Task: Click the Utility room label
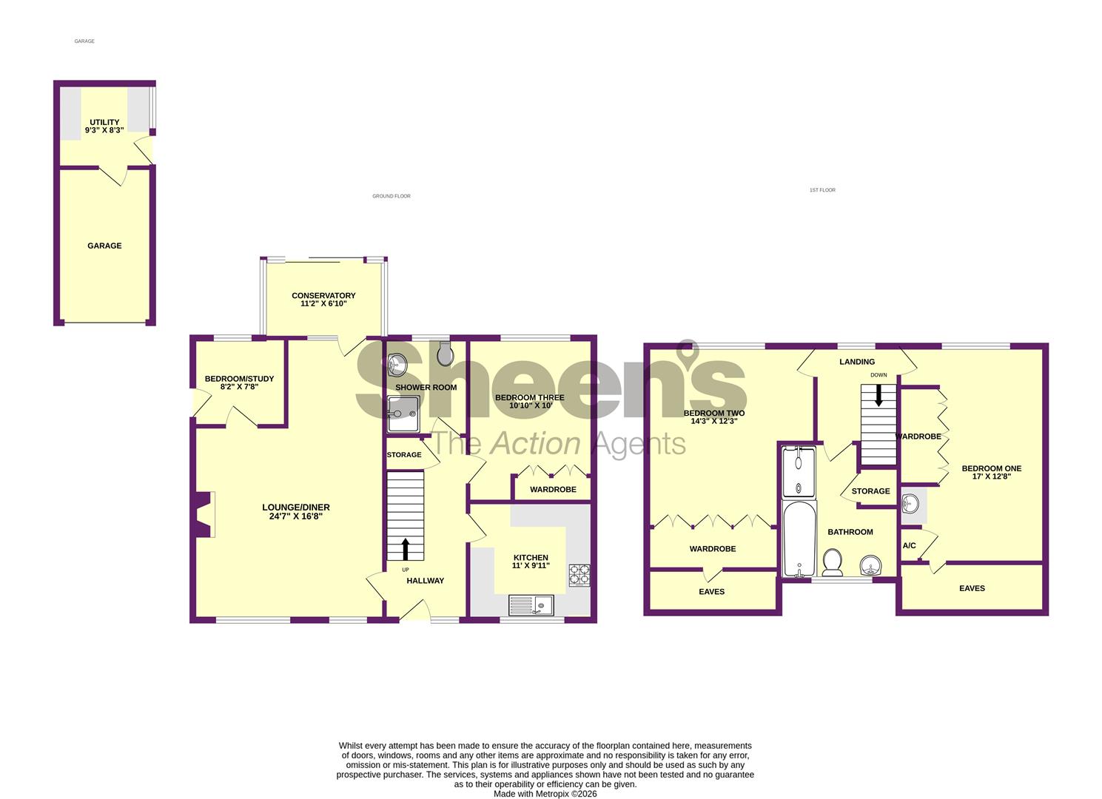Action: coord(104,123)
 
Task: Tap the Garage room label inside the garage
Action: coord(104,246)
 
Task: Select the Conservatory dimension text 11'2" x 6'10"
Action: coord(323,304)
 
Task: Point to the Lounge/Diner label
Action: coord(296,508)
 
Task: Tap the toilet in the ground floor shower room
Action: coord(446,356)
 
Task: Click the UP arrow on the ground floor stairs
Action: coord(406,549)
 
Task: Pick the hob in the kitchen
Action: coord(579,576)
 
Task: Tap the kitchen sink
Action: coord(531,605)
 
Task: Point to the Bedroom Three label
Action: coord(529,398)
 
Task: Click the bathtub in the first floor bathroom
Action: coord(800,539)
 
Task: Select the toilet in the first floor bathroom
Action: coord(833,562)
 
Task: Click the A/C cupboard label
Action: coord(909,546)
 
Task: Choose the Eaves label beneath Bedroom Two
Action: coord(712,592)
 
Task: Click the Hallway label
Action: coord(426,581)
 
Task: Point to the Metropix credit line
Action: coord(545,794)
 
